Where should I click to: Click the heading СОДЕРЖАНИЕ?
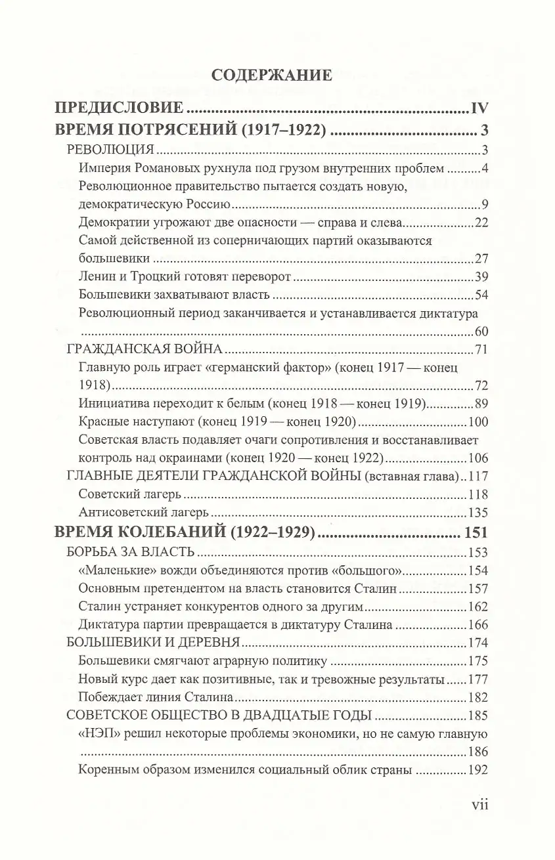coord(272,75)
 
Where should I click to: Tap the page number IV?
coord(477,108)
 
